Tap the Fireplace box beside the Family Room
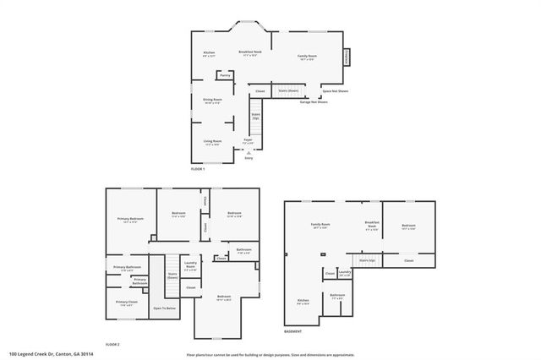[x=347, y=57]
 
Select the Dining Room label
[x=212, y=100]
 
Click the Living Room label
[x=212, y=141]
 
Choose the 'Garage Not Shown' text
[x=314, y=102]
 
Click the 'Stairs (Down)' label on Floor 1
[x=287, y=90]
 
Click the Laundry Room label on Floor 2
[x=191, y=265]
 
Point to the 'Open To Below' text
[x=164, y=308]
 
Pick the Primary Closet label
[x=127, y=303]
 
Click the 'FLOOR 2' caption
[x=112, y=345]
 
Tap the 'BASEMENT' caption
[x=292, y=331]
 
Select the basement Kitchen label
[x=303, y=301]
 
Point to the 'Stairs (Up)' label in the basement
[x=367, y=260]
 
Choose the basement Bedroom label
[x=409, y=226]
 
